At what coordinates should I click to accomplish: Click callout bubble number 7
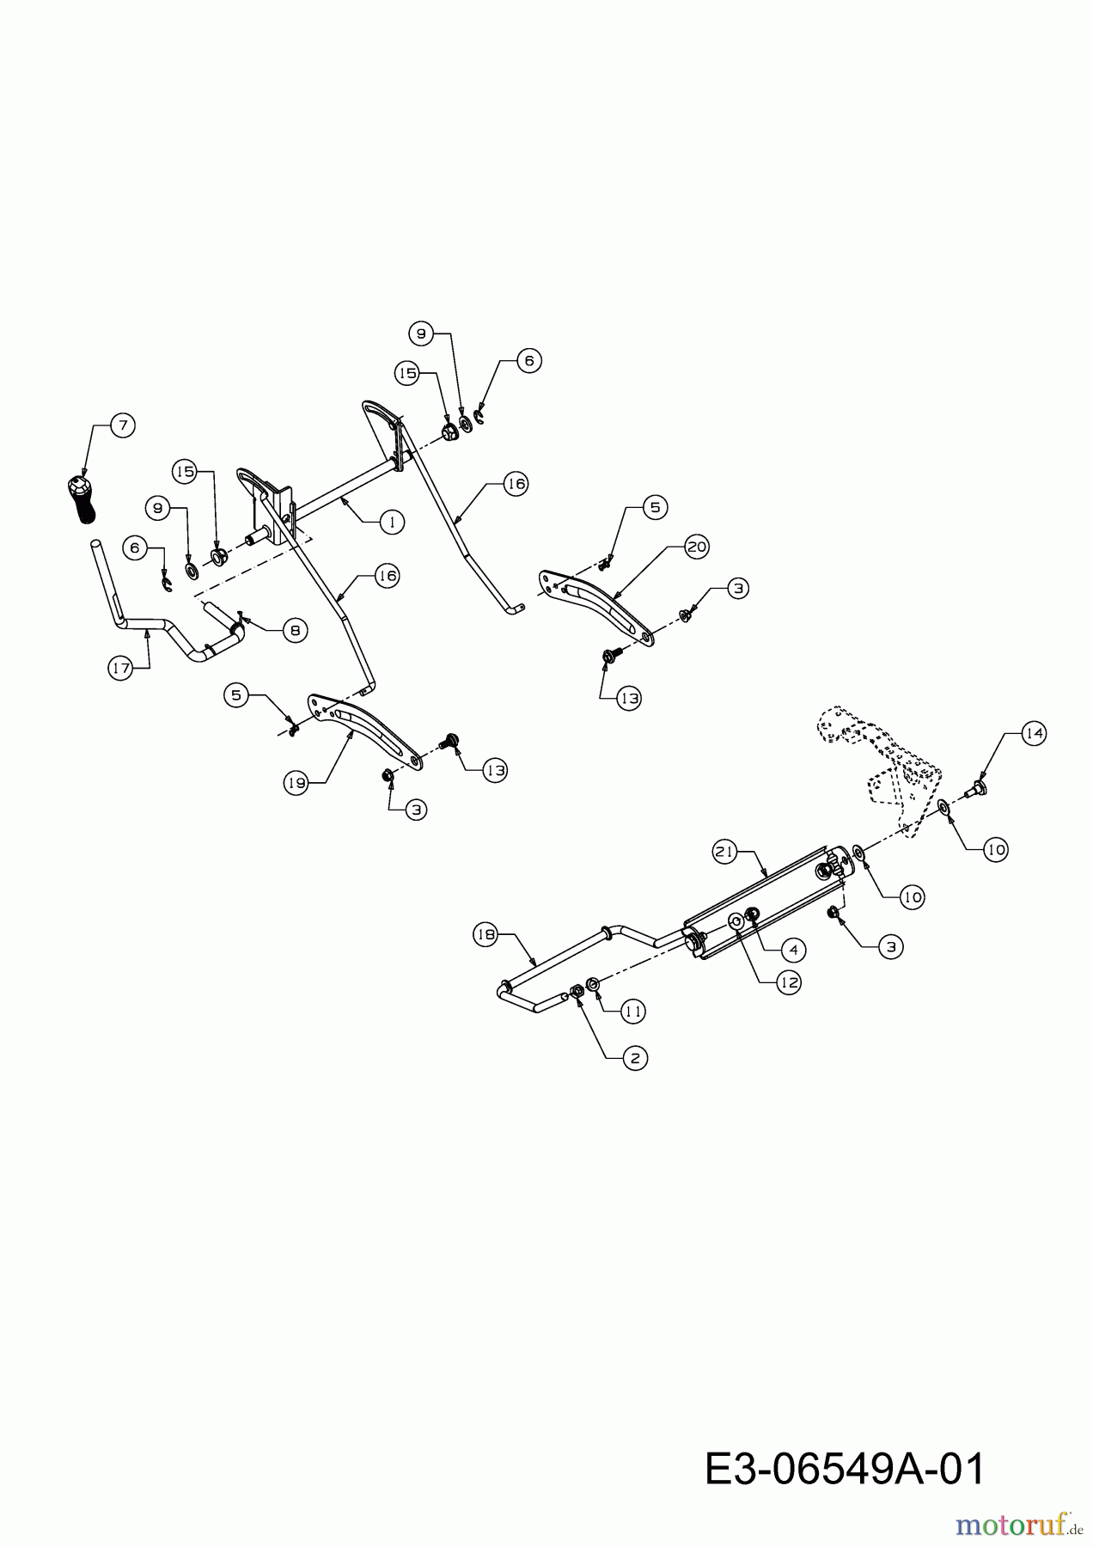click(122, 425)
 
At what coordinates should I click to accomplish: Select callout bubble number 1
click(392, 522)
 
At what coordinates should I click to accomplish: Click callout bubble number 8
click(294, 630)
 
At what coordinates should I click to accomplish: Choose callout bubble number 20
click(697, 547)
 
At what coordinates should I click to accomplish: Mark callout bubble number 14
click(1034, 733)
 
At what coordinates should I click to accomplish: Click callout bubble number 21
click(725, 852)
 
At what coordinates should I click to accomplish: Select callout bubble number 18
click(486, 934)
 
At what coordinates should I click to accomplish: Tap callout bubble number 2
click(635, 1058)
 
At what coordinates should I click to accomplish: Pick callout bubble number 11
click(632, 1012)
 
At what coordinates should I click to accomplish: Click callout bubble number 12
click(789, 981)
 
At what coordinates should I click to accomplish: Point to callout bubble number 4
click(792, 949)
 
